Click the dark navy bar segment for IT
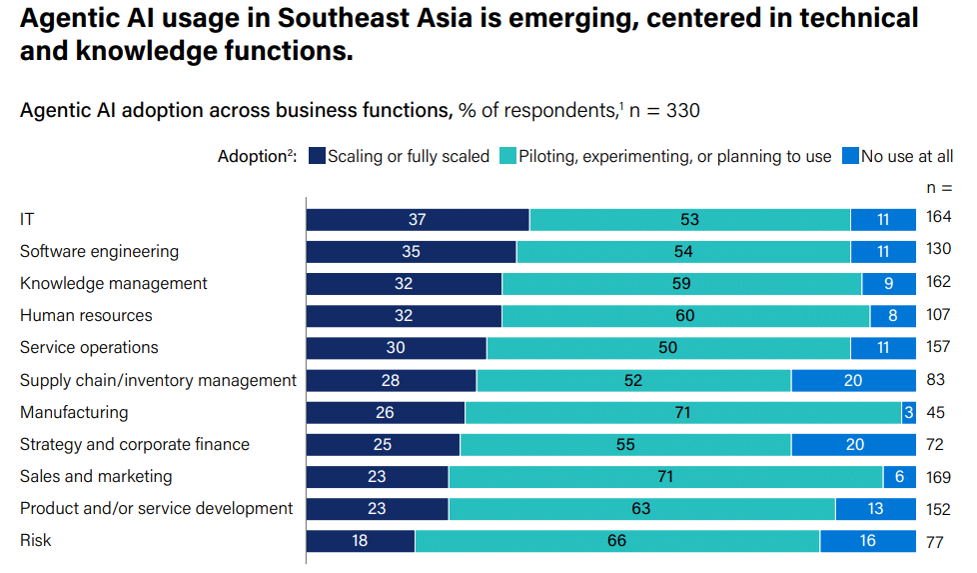point(418,220)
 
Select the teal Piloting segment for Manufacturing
point(682,413)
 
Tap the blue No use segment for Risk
point(867,541)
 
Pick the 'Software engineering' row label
point(100,252)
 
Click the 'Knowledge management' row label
point(114,284)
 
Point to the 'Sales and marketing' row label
point(96,477)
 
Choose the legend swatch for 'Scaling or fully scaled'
point(317,156)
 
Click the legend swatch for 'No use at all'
point(850,156)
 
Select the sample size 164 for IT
point(938,217)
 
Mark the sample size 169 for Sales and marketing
point(938,476)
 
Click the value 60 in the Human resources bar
point(685,316)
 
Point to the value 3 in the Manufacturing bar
point(908,413)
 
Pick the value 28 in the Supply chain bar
point(391,381)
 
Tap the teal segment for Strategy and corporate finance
point(625,445)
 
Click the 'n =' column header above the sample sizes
point(939,187)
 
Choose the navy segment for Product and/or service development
point(377,509)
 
